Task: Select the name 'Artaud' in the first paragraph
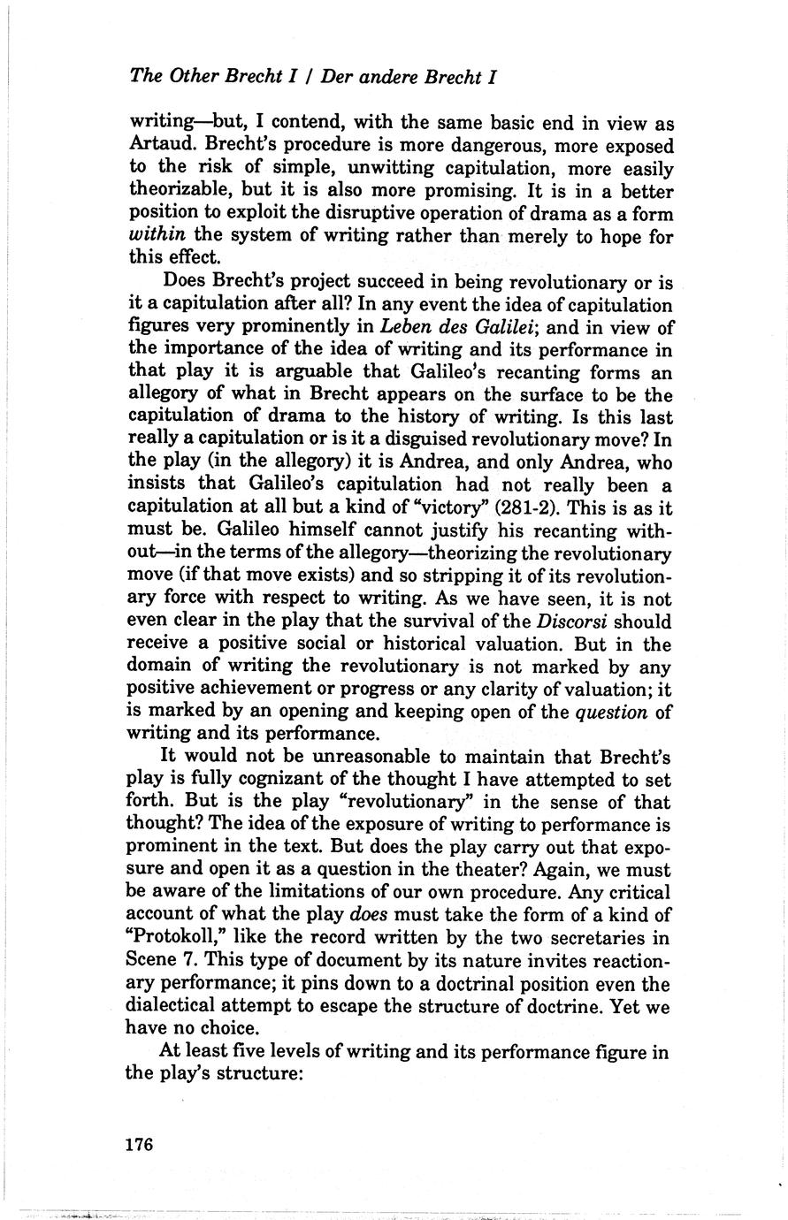159,144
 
